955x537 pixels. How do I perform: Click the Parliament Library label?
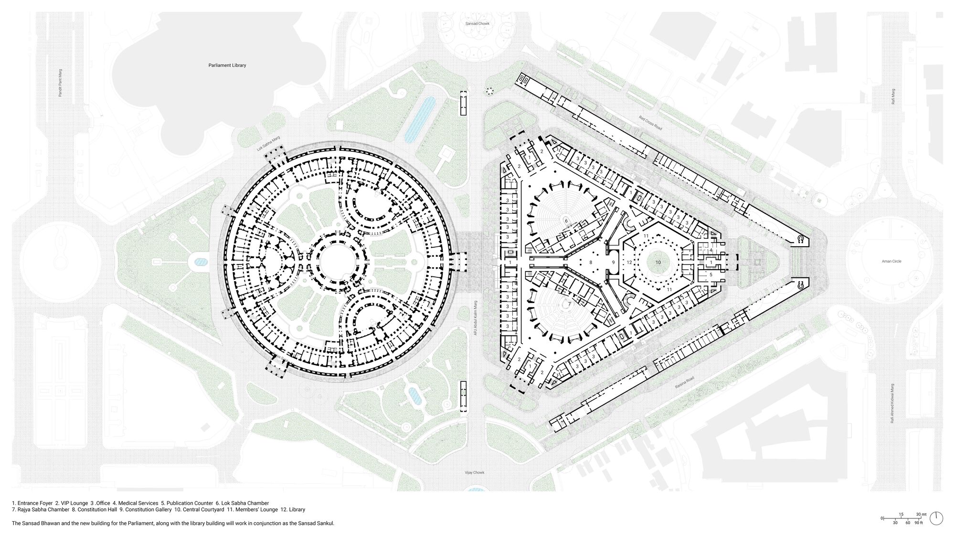(x=227, y=65)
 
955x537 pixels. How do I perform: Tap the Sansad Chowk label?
(x=477, y=23)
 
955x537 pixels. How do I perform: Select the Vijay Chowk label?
(x=475, y=473)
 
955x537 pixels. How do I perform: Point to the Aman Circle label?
(x=891, y=261)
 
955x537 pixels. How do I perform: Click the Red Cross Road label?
(x=650, y=123)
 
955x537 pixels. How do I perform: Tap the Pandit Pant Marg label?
(x=60, y=83)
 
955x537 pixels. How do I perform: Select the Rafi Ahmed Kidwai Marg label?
(x=892, y=403)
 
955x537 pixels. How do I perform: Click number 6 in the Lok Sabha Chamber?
(x=566, y=221)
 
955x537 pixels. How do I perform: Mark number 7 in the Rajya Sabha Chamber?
(x=569, y=304)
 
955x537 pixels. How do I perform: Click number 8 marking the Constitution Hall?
(x=591, y=263)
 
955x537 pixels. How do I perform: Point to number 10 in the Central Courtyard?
(x=658, y=263)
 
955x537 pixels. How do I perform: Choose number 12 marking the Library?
(x=629, y=263)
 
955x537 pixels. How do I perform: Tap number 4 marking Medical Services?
(x=711, y=250)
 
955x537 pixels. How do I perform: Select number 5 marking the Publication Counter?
(x=711, y=274)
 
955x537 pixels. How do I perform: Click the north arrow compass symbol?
(x=936, y=518)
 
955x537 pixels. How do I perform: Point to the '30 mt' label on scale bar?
(x=921, y=514)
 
